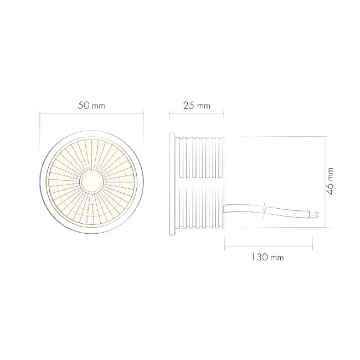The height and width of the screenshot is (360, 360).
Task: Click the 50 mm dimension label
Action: pyautogui.click(x=91, y=105)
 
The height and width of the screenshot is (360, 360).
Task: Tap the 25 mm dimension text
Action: pyautogui.click(x=196, y=105)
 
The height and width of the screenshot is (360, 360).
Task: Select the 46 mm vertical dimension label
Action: pyautogui.click(x=330, y=182)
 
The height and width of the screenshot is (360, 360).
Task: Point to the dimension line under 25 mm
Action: pyautogui.click(x=196, y=115)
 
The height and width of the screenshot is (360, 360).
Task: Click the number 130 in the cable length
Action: pyautogui.click(x=261, y=258)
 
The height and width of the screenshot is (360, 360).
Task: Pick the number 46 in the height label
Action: pyautogui.click(x=330, y=188)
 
